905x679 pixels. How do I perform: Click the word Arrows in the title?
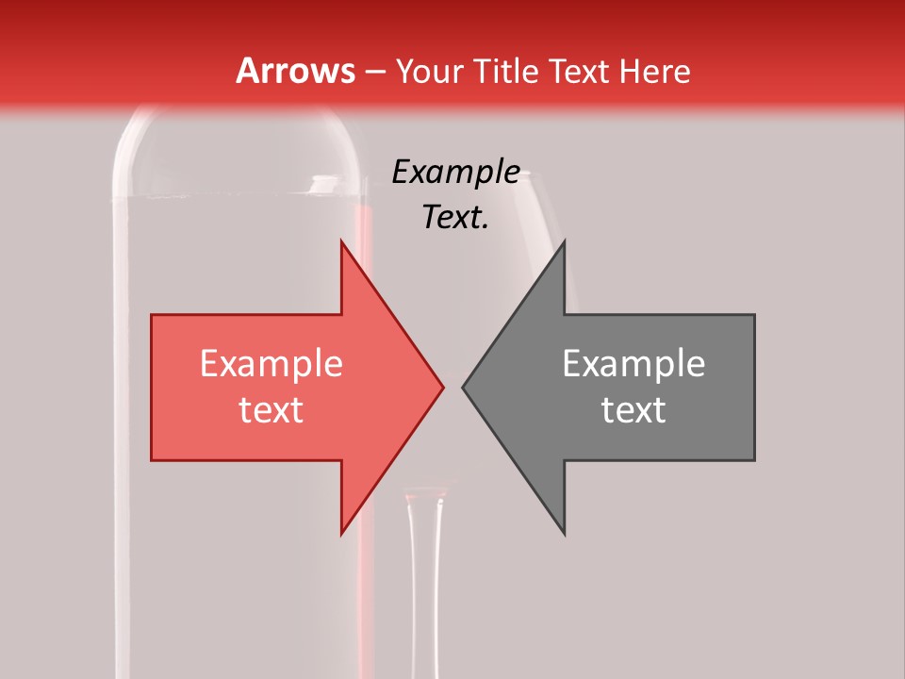pyautogui.click(x=295, y=71)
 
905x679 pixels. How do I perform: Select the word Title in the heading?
pyautogui.click(x=509, y=72)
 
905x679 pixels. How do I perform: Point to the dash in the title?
pyautogui.click(x=374, y=73)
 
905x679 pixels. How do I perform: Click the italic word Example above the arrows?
pyautogui.click(x=456, y=173)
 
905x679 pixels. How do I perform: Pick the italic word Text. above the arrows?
pyautogui.click(x=455, y=218)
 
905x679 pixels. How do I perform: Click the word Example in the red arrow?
pyautogui.click(x=271, y=364)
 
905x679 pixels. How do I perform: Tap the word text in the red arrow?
pyautogui.click(x=271, y=410)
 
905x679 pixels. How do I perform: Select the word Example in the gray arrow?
pyautogui.click(x=633, y=364)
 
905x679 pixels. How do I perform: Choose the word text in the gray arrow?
pyautogui.click(x=633, y=410)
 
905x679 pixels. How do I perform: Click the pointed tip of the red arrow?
pyautogui.click(x=443, y=387)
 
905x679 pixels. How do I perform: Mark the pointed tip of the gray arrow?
pyautogui.click(x=463, y=387)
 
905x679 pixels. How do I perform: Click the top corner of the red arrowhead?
pyautogui.click(x=341, y=241)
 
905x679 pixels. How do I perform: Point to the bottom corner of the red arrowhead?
pyautogui.click(x=341, y=535)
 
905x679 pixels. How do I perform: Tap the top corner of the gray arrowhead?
pyautogui.click(x=564, y=241)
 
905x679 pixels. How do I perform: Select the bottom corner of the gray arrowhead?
pyautogui.click(x=564, y=535)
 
